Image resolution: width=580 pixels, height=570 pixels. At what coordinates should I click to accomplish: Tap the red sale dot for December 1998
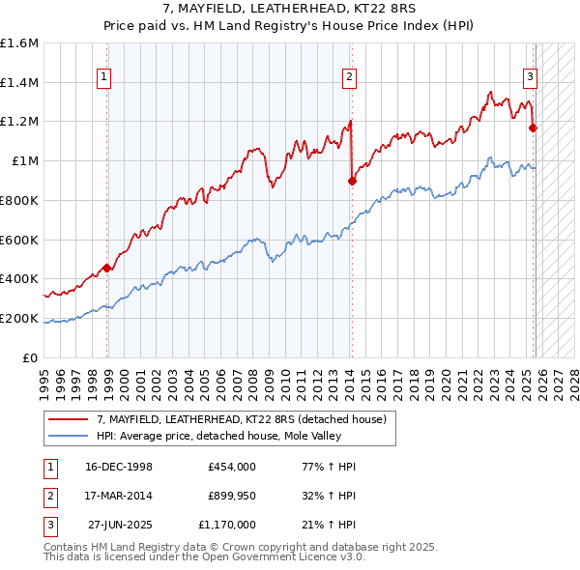click(x=106, y=268)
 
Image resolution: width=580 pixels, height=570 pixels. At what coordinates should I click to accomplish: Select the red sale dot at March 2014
click(x=352, y=180)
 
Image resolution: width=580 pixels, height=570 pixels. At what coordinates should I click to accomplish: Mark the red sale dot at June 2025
click(x=534, y=127)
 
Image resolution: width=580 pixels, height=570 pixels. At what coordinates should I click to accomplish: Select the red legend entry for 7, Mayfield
click(x=242, y=419)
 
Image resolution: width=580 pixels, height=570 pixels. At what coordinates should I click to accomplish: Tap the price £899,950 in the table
click(x=232, y=496)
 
